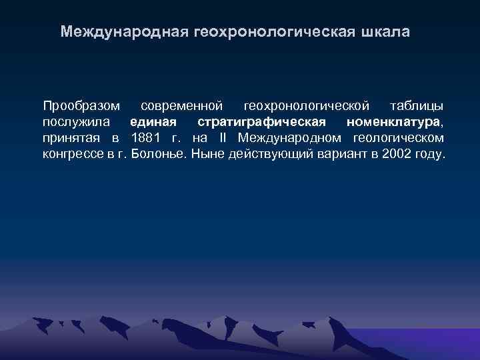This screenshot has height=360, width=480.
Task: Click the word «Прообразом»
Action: [x=81, y=106]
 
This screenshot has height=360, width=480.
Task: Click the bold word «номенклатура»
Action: [x=393, y=122]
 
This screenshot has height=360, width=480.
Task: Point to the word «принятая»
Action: [x=71, y=138]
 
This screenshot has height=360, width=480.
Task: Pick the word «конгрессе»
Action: [x=73, y=155]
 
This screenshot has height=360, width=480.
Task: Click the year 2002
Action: [x=399, y=155]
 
